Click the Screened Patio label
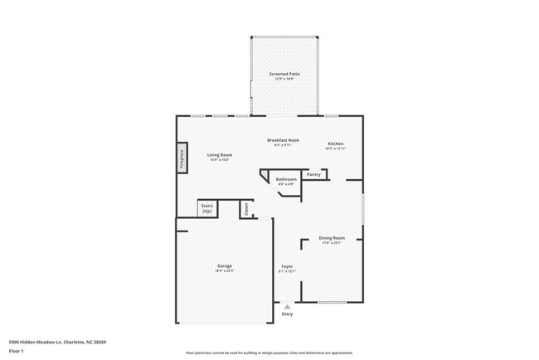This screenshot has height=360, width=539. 284,74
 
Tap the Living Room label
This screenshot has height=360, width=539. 220,154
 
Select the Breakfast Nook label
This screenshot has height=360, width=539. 283,140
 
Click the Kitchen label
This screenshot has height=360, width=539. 335,144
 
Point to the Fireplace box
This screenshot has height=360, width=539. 182,158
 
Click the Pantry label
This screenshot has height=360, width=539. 313,174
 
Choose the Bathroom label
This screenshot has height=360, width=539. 286,179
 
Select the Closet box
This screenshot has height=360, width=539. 245,210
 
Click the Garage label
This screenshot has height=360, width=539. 225,265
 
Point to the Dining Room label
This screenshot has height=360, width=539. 332,237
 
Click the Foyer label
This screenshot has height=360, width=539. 287,265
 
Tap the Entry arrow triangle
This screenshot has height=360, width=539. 288,306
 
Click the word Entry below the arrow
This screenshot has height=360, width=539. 288,314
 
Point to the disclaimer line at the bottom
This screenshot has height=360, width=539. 269,353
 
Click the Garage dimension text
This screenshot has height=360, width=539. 225,271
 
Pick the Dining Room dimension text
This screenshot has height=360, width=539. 332,243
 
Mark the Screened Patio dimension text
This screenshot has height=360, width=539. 284,79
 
